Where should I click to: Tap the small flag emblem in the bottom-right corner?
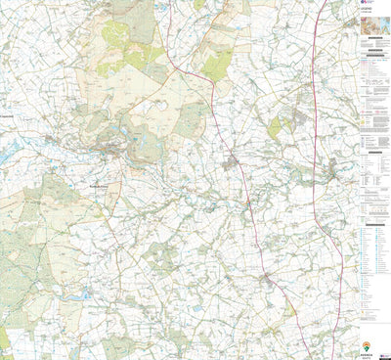click(x=384, y=353)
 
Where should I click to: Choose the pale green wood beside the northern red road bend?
click(x=217, y=67)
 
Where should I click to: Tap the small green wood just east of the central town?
click(x=275, y=125)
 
